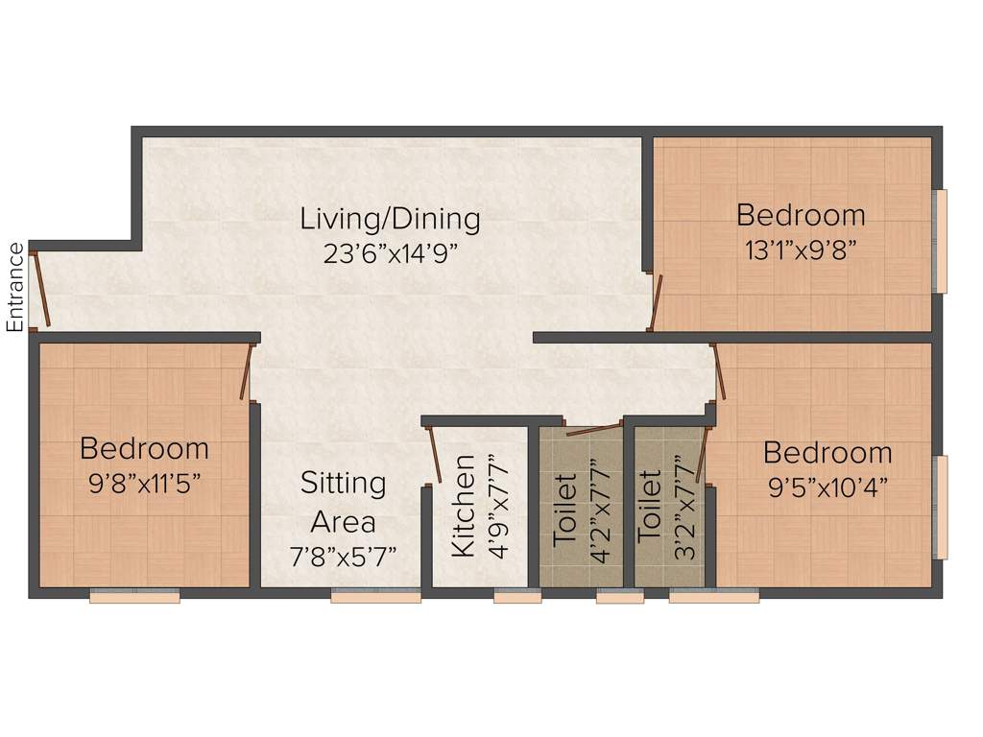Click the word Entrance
pyautogui.click(x=15, y=288)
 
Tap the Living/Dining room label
pyautogui.click(x=390, y=219)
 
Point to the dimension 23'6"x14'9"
pyautogui.click(x=390, y=253)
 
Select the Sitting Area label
pyautogui.click(x=343, y=502)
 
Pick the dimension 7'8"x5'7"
pyautogui.click(x=343, y=557)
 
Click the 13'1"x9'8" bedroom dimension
pyautogui.click(x=800, y=250)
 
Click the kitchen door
pyautogui.click(x=433, y=455)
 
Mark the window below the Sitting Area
pyautogui.click(x=375, y=597)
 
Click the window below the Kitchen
pyautogui.click(x=517, y=597)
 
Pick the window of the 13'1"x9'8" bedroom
pyautogui.click(x=941, y=241)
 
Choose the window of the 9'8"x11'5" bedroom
pyautogui.click(x=134, y=597)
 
